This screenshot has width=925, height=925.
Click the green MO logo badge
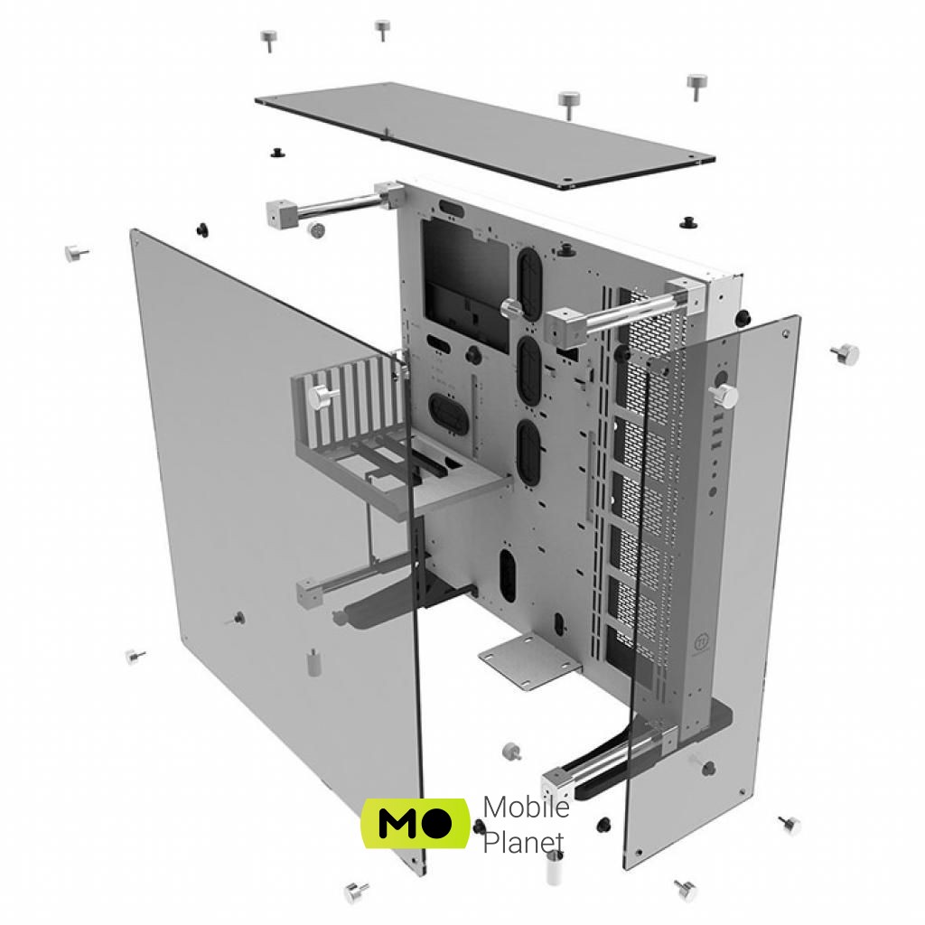click(x=415, y=822)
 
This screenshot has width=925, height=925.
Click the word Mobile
click(x=527, y=806)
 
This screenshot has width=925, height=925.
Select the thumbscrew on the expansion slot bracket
click(x=323, y=396)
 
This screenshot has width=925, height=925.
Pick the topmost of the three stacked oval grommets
click(x=529, y=277)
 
